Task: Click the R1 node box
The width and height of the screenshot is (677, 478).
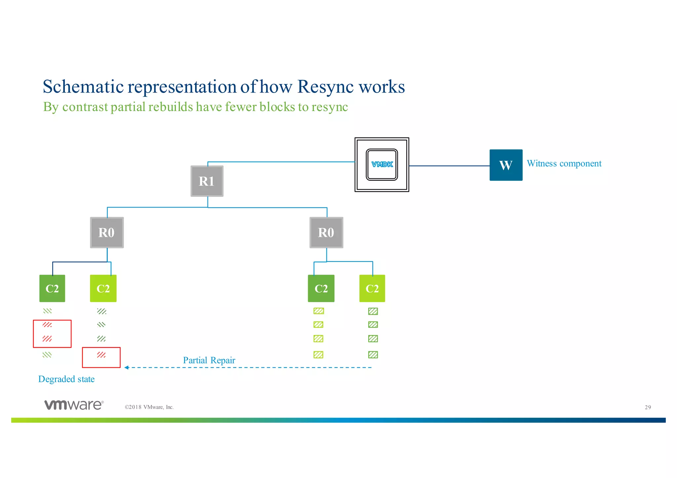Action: (207, 181)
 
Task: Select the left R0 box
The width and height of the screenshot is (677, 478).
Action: (107, 233)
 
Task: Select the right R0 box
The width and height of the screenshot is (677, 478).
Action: (326, 233)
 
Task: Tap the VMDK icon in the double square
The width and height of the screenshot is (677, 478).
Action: (382, 165)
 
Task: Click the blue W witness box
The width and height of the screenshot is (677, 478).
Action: (506, 165)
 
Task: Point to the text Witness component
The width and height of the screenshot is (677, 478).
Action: (564, 164)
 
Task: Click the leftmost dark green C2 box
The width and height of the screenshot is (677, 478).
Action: (52, 288)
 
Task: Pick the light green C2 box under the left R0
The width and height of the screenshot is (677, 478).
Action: (103, 288)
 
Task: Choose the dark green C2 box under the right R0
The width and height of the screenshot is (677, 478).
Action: (321, 288)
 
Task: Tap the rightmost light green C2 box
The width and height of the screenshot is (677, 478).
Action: (372, 288)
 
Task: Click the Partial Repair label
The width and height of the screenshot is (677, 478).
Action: (209, 360)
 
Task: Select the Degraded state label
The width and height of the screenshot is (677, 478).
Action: (66, 379)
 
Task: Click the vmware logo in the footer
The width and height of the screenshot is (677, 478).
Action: (74, 405)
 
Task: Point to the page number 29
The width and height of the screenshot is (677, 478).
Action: (648, 407)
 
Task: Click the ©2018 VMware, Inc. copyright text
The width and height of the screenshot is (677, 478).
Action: (149, 407)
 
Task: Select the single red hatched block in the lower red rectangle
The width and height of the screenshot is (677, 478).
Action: (101, 355)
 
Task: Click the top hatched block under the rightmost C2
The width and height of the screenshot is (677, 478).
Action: (373, 311)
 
